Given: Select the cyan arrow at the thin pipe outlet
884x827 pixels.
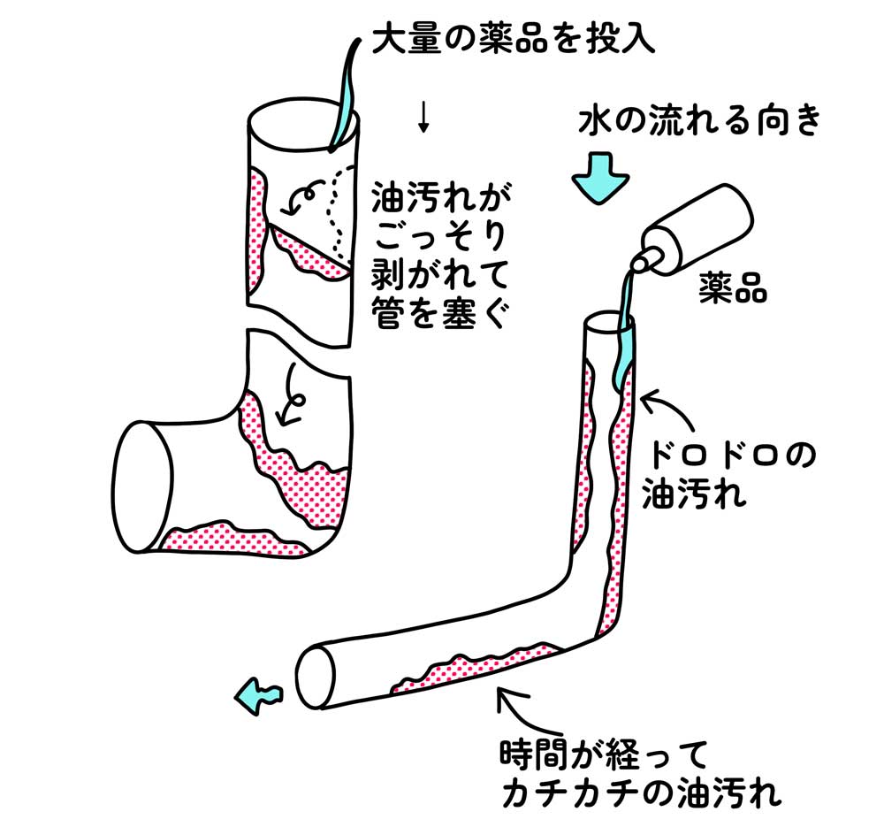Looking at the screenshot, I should pyautogui.click(x=258, y=695).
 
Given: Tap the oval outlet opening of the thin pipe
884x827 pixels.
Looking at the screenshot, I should pyautogui.click(x=315, y=676).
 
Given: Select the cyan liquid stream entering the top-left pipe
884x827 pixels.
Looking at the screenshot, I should pyautogui.click(x=345, y=97).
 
